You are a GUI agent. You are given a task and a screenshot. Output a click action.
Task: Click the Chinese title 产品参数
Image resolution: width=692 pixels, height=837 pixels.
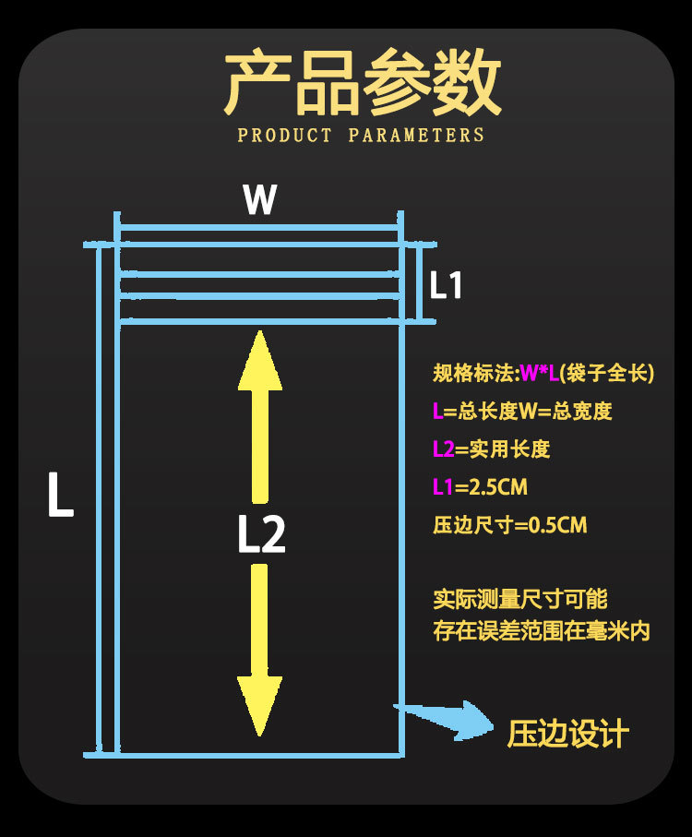(x=363, y=84)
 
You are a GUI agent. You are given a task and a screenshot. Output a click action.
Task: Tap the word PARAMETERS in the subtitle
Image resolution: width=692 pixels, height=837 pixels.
(x=417, y=136)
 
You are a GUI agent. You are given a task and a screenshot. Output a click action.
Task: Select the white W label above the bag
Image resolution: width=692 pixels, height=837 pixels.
(x=260, y=199)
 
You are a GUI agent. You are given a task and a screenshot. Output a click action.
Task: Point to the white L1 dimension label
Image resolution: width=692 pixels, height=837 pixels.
(x=446, y=286)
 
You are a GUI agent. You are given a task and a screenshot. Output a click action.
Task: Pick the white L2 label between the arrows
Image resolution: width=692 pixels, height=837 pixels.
(x=261, y=534)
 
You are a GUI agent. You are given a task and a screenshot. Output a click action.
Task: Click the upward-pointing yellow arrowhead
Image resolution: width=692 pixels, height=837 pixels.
(x=260, y=360)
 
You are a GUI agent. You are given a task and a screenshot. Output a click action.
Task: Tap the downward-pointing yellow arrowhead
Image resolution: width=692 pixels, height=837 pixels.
(x=259, y=706)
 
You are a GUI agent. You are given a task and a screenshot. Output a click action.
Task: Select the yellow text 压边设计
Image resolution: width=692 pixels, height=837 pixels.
(x=567, y=735)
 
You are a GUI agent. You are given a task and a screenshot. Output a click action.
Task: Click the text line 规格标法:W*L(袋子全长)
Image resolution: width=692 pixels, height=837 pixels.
(x=543, y=374)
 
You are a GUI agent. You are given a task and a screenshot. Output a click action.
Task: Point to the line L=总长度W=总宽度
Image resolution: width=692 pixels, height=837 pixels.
(x=522, y=412)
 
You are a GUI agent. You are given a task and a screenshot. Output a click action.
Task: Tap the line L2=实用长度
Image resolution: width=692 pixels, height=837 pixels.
(x=491, y=449)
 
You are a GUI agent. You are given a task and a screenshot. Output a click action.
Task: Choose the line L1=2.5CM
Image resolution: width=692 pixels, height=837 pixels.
(x=480, y=487)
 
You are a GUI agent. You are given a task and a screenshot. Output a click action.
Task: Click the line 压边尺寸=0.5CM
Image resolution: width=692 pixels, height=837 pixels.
(x=509, y=525)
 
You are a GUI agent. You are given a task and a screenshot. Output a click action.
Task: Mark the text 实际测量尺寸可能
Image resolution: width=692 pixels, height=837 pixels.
(x=520, y=599)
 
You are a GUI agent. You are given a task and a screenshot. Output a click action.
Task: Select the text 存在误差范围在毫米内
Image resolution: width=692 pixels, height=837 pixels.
(x=542, y=633)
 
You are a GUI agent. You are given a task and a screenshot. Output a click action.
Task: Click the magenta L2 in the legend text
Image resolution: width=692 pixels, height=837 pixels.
(x=444, y=449)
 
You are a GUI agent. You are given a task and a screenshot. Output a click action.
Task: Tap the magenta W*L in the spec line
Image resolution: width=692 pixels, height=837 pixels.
(x=540, y=374)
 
